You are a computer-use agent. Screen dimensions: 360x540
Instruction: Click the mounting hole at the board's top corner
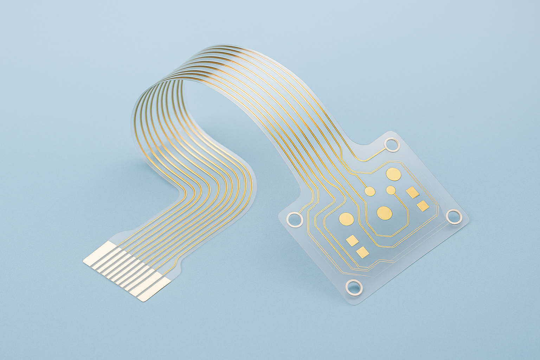[392, 145]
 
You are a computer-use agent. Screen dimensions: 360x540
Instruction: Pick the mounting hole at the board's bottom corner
[353, 287]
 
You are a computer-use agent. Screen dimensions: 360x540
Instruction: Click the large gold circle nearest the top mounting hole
[393, 174]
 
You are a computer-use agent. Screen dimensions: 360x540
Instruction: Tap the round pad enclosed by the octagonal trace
[384, 212]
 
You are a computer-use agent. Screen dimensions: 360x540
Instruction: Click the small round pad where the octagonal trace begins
[391, 190]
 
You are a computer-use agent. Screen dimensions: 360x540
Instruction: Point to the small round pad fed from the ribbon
[369, 191]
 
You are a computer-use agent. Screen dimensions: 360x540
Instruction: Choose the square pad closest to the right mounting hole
[423, 206]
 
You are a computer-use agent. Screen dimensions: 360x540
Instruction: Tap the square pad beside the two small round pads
[412, 192]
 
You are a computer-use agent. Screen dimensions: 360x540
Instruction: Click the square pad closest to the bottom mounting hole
[362, 252]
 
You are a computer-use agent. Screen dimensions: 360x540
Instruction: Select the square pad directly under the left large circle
[352, 240]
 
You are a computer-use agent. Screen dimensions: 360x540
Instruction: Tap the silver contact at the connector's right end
[153, 290]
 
